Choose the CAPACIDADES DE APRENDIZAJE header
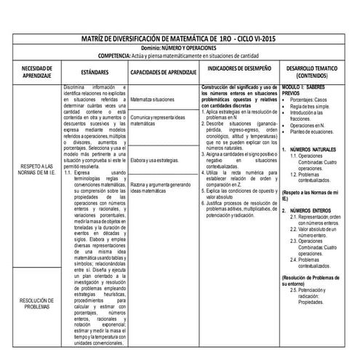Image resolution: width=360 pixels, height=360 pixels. [x=163, y=73]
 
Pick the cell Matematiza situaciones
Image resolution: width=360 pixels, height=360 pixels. [x=153, y=99]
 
